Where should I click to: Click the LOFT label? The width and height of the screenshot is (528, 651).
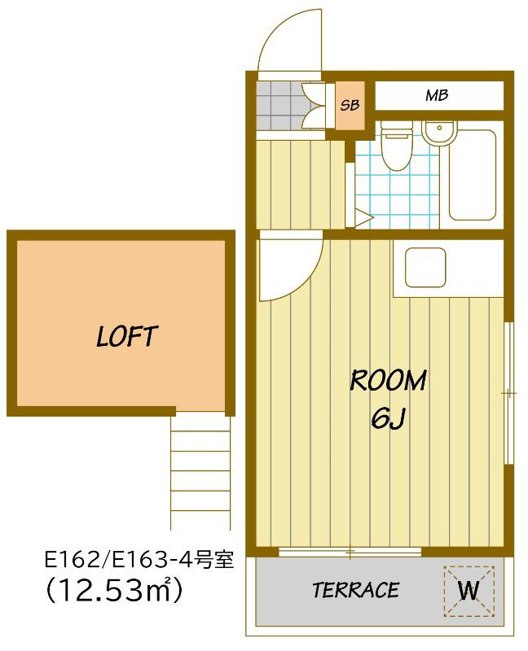pos(127,336)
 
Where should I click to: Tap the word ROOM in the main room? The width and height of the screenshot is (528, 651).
pos(389,380)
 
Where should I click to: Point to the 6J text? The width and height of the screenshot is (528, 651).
pos(388,418)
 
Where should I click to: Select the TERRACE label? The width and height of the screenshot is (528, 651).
pos(356,590)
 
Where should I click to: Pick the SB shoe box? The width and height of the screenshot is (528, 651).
pos(350,105)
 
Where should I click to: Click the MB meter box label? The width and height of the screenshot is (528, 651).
pos(437,95)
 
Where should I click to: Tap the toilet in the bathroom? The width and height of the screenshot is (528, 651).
pos(397,146)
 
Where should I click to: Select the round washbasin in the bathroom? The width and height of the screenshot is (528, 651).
pos(439,133)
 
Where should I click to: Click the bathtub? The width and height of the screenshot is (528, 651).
pos(473,175)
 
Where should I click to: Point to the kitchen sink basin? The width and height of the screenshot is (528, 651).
pos(425,268)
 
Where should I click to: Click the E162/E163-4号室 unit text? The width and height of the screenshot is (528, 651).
pos(139,560)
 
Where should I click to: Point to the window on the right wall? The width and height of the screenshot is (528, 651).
pos(508,393)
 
